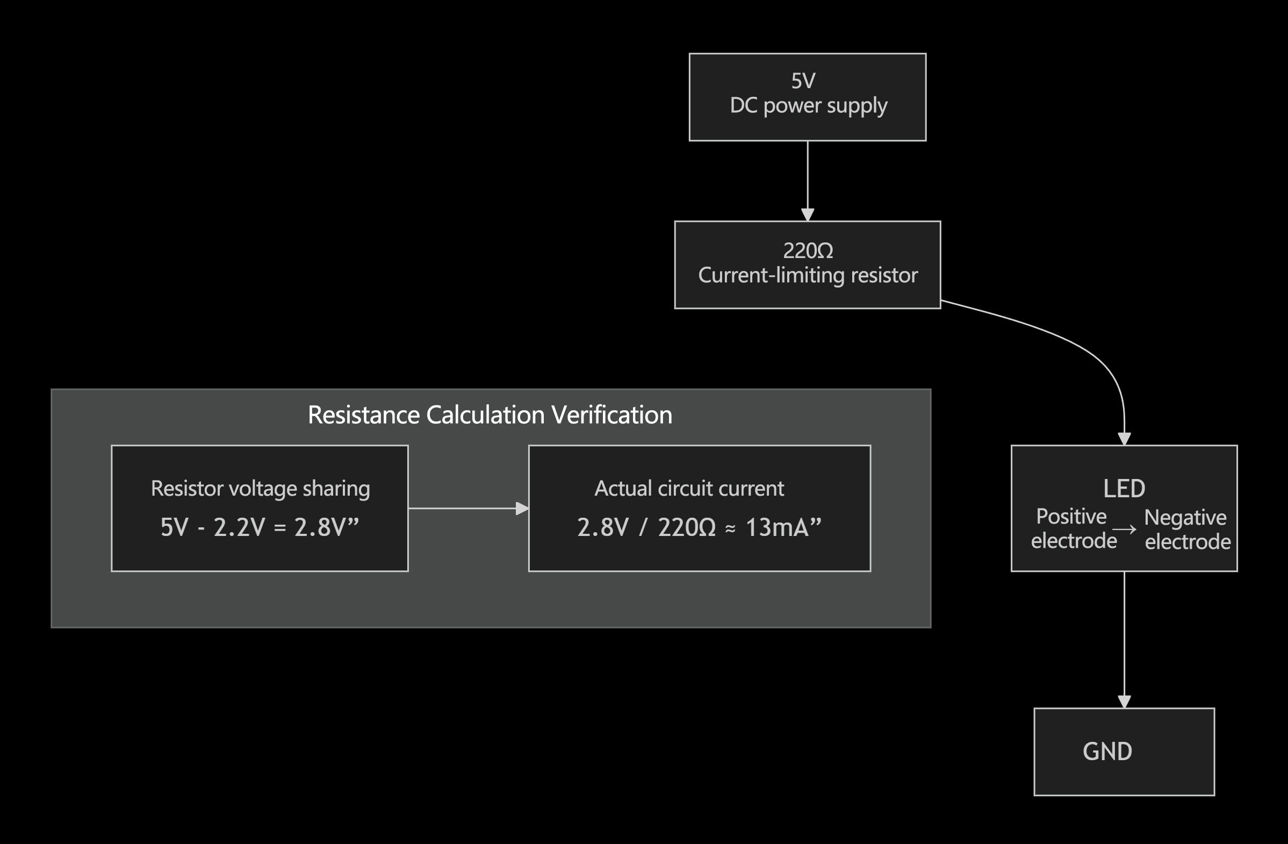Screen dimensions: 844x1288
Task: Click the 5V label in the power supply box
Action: (x=803, y=81)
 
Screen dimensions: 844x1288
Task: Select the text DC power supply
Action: (x=808, y=105)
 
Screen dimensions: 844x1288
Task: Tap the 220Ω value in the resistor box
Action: (x=808, y=251)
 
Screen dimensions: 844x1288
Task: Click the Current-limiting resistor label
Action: (x=808, y=276)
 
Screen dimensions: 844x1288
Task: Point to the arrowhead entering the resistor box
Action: (x=808, y=215)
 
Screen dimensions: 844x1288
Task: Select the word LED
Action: (x=1124, y=489)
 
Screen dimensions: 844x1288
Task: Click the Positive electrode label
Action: (x=1073, y=529)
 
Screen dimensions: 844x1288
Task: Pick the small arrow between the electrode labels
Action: (x=1124, y=530)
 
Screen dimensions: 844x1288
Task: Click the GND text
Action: (x=1107, y=752)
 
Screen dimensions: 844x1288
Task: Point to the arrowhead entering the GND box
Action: (x=1124, y=702)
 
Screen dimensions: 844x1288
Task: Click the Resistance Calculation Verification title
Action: (x=490, y=415)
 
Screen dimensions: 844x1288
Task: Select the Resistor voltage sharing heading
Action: (x=260, y=489)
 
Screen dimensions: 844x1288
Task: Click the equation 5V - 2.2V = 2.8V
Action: (x=260, y=527)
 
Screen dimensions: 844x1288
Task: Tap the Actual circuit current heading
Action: (x=689, y=489)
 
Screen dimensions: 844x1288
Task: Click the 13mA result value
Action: (x=776, y=527)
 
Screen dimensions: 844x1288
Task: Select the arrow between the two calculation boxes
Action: (x=468, y=509)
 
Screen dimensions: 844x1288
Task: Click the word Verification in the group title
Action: (x=611, y=415)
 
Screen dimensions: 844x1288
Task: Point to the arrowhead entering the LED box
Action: (x=1124, y=439)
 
